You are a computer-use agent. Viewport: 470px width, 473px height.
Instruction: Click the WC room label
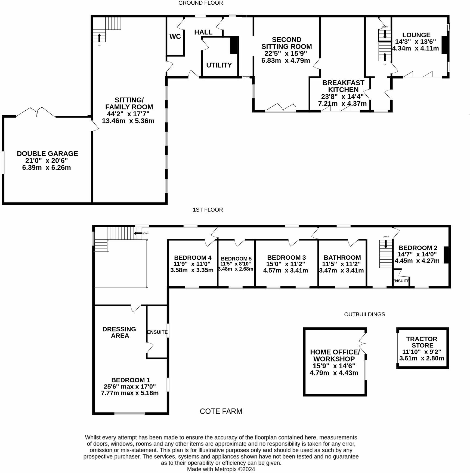pos(175,37)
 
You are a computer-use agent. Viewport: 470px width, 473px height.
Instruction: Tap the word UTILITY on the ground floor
pos(219,65)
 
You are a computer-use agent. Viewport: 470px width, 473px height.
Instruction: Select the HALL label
pos(203,32)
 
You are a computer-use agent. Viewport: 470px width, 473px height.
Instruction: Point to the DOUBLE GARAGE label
pos(47,154)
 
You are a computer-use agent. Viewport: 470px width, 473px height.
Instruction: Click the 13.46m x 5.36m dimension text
pos(128,121)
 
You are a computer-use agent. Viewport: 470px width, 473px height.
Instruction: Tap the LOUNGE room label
pos(416,35)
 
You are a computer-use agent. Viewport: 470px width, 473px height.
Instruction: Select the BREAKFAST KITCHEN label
pos(343,86)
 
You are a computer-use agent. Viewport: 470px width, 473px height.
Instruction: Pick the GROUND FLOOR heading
pos(200,3)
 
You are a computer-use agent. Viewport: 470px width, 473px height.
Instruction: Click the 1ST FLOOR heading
pos(208,210)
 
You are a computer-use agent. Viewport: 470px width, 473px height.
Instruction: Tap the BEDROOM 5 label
pos(236,259)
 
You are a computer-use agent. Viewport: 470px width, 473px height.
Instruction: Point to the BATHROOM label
pos(342,257)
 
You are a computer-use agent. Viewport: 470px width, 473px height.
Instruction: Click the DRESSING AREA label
pos(119,332)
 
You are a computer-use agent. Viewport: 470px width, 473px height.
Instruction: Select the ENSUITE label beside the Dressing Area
pos(157,332)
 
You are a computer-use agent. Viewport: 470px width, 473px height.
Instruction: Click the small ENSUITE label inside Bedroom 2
pos(401,281)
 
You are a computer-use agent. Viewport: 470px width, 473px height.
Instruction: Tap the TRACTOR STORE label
pos(422,342)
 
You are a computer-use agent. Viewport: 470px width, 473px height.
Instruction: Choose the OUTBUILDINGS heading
pos(364,314)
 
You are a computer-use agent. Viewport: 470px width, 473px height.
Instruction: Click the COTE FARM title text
pos(221,411)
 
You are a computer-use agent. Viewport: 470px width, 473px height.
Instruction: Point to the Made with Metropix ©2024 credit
pos(221,469)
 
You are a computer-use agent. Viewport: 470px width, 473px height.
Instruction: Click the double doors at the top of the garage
pos(36,112)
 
